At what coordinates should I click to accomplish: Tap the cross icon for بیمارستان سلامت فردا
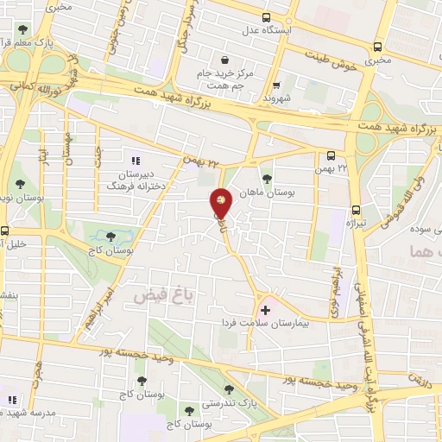tap(264, 308)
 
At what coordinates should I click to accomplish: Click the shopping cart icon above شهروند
tap(276, 86)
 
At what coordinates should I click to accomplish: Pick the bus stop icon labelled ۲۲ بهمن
tap(331, 156)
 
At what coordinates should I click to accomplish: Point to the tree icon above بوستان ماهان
tap(267, 180)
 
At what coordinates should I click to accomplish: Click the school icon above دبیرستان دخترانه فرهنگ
tap(134, 161)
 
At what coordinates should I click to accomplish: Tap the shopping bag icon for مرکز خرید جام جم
tap(224, 60)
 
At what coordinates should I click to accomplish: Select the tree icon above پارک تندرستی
tap(229, 389)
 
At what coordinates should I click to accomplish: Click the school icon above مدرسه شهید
tap(12, 400)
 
